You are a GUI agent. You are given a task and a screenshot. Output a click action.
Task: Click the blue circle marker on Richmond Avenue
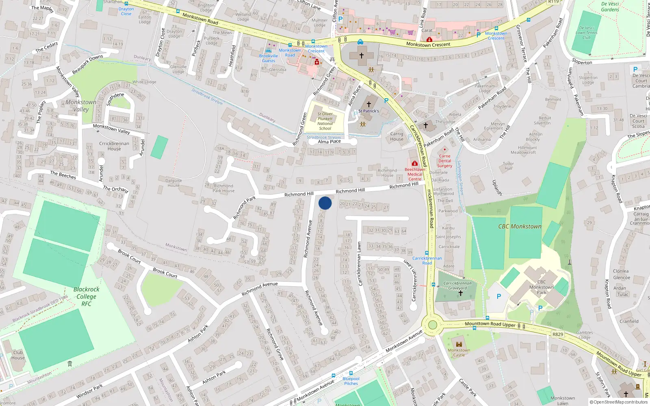pyautogui.click(x=325, y=203)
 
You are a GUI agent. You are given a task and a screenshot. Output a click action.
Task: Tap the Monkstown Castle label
pyautogui.click(x=459, y=352)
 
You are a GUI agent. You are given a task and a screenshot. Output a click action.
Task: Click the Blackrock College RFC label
pyautogui.click(x=86, y=296)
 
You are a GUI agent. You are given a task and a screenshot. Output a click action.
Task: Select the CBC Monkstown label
pyautogui.click(x=520, y=227)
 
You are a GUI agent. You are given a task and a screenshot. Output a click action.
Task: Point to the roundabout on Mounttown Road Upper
pyautogui.click(x=432, y=325)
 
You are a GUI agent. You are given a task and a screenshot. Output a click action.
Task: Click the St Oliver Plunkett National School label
pyautogui.click(x=325, y=121)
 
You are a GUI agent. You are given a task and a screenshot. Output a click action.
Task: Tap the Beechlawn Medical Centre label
pyautogui.click(x=415, y=174)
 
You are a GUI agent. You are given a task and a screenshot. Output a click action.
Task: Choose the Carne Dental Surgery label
pyautogui.click(x=444, y=161)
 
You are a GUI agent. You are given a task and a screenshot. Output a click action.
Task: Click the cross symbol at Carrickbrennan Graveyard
pyautogui.click(x=460, y=293)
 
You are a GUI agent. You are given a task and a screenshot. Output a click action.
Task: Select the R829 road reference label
pyautogui.click(x=558, y=335)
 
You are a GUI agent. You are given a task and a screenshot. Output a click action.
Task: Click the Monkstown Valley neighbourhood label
pyautogui.click(x=81, y=106)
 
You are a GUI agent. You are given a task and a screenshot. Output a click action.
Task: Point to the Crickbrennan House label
pyautogui.click(x=114, y=146)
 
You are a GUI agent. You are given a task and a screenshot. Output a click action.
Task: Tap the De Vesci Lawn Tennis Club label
pyautogui.click(x=586, y=33)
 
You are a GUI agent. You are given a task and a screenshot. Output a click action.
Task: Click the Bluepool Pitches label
pyautogui.click(x=351, y=381)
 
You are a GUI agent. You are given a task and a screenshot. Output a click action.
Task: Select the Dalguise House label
pyautogui.click(x=173, y=183)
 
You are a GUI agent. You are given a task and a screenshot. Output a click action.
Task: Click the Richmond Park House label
pyautogui.click(x=223, y=188)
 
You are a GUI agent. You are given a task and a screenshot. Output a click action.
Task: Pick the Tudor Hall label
pyautogui.click(x=508, y=166)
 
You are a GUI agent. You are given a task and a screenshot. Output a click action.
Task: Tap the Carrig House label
pyautogui.click(x=397, y=136)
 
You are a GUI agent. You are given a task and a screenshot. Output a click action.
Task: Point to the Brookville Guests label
pyautogui.click(x=269, y=58)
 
